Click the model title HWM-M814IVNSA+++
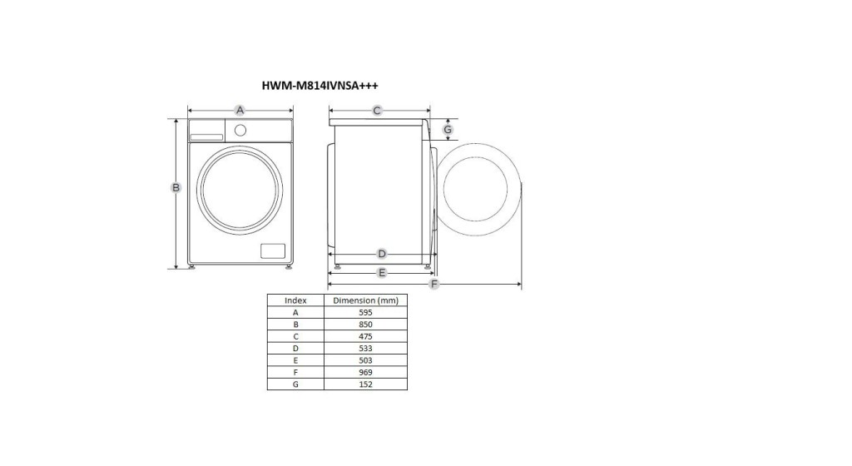(x=319, y=85)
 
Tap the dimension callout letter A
(x=240, y=110)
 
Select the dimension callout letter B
(x=176, y=187)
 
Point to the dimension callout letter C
(x=377, y=111)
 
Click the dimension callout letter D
(x=382, y=254)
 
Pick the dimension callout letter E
(x=382, y=273)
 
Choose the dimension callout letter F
(x=433, y=284)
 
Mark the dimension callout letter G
(x=447, y=129)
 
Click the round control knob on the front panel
(x=240, y=131)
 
